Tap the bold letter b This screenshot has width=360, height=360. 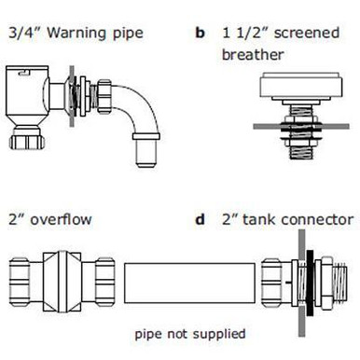200,35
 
